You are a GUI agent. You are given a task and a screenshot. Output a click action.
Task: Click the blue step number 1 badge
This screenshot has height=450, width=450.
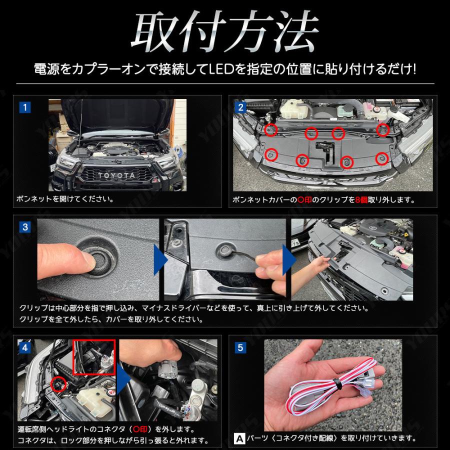(x=25, y=107)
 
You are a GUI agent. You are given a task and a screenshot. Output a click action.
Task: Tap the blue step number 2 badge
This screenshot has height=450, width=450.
(x=240, y=107)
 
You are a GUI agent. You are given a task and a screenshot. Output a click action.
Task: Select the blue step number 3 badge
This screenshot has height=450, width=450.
(x=25, y=227)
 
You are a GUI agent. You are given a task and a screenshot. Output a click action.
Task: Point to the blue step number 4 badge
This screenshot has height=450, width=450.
(x=25, y=348)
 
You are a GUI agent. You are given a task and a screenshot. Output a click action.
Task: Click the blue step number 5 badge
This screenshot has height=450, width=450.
(x=240, y=348)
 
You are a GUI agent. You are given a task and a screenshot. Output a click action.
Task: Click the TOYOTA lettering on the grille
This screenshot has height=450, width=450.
(x=116, y=175)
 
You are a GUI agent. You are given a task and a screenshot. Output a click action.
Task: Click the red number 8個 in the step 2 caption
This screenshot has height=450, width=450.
(x=361, y=199)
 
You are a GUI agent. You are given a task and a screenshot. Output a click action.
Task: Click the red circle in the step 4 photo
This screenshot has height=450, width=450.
(x=58, y=384)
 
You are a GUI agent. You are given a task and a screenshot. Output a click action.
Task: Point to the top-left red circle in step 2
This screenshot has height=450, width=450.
(x=271, y=129)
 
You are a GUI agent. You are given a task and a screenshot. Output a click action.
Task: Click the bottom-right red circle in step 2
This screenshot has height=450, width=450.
(x=382, y=158)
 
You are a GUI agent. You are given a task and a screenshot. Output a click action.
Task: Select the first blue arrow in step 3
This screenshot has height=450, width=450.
(x=160, y=259)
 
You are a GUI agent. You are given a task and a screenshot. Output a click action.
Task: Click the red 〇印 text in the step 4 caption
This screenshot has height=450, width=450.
(x=140, y=429)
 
